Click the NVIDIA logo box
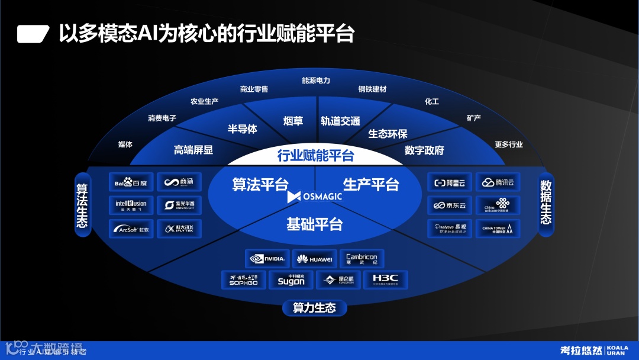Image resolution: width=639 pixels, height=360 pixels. coord(267,259)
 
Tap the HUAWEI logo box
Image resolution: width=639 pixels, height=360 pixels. coord(314,259)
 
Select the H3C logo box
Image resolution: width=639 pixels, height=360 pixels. coord(385,279)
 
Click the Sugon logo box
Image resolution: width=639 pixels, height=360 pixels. coord(291,279)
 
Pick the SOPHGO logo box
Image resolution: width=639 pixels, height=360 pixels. coord(243,279)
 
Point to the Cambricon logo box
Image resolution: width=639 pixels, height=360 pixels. coord(362,259)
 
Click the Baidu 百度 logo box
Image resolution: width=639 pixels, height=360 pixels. coord(131,182)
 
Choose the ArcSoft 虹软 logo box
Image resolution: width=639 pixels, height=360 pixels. coord(131,229)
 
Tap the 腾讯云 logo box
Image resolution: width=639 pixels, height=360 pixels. coord(498,182)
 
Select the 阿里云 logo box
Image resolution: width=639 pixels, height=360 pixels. coord(450,182)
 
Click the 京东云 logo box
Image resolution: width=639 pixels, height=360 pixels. coord(450,205)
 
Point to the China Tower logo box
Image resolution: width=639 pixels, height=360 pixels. coord(498,229)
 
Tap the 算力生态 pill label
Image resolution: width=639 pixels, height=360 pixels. coord(314,308)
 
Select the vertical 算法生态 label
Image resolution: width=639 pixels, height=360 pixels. coord(82,205)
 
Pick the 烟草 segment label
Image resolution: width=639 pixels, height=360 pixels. coord(293,121)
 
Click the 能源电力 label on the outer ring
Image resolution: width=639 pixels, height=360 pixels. coord(316,81)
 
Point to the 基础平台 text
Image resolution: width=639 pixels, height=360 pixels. coord(314,224)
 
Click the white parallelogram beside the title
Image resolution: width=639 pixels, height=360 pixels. coord(33,34)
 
